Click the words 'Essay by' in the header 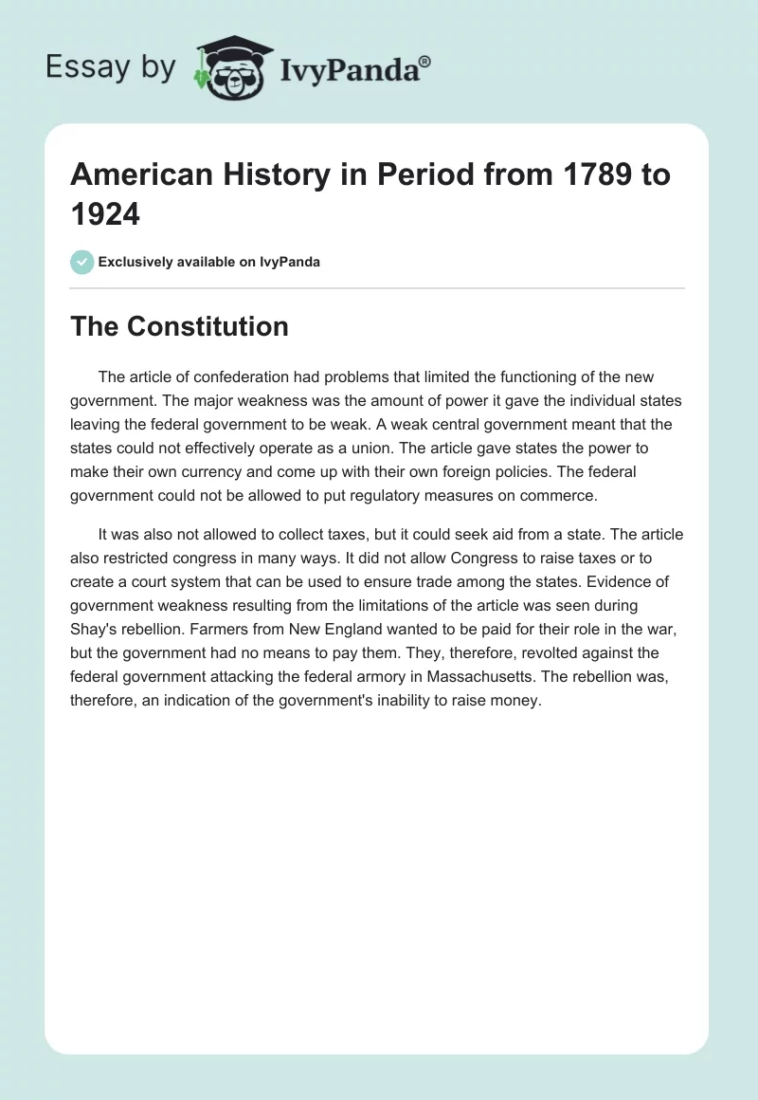pyautogui.click(x=112, y=68)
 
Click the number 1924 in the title pyautogui.click(x=105, y=215)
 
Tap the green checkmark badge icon pyautogui.click(x=82, y=262)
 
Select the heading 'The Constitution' pyautogui.click(x=180, y=326)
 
